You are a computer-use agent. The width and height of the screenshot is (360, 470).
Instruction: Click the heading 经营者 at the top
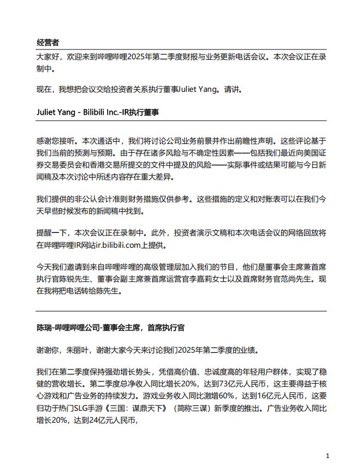[48, 42]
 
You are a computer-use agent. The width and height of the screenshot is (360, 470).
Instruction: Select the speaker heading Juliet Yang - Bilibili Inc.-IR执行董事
[97, 112]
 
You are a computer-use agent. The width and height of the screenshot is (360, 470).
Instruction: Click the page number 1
[327, 455]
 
